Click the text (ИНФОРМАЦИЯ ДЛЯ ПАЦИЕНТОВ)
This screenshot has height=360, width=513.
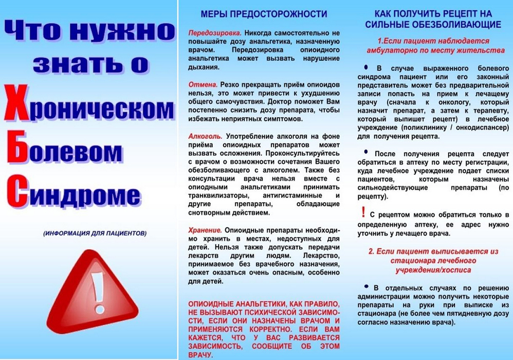tap(95, 233)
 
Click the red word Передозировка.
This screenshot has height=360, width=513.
tap(209, 32)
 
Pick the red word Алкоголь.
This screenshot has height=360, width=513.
tap(205, 136)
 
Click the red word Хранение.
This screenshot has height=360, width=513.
tap(205, 230)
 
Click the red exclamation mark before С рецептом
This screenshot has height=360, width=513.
tap(364, 211)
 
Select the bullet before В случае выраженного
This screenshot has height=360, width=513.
tap(366, 67)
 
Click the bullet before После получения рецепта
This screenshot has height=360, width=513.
tap(366, 152)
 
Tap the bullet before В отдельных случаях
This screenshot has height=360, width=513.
tap(366, 286)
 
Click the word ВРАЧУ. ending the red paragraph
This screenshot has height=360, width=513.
tap(200, 355)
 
